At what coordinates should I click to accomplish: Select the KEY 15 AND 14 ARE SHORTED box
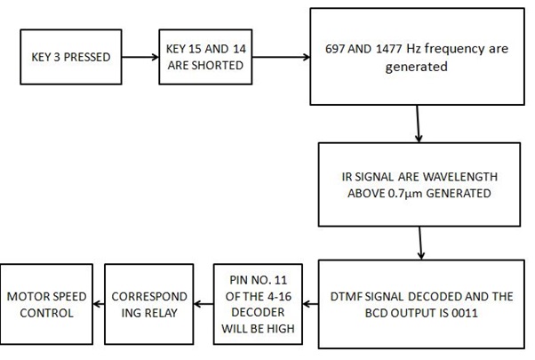(202, 58)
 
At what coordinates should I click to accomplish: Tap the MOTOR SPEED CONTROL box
(44, 305)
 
